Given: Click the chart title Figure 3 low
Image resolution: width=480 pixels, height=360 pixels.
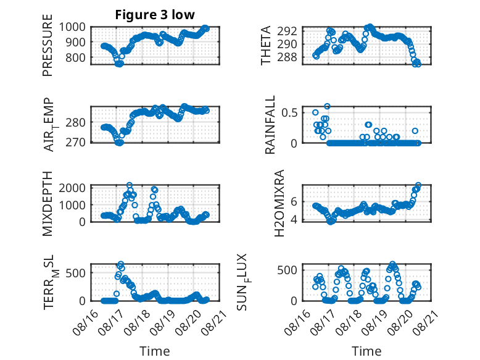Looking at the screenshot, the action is pyautogui.click(x=155, y=15).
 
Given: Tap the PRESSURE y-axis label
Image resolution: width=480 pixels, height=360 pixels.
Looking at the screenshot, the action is pyautogui.click(x=48, y=45).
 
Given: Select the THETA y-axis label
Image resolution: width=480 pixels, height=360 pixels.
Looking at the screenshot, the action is pyautogui.click(x=266, y=45).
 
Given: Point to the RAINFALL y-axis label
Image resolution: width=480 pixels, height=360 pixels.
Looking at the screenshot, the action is pyautogui.click(x=270, y=125).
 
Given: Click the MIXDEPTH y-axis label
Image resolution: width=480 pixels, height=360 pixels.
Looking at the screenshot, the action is pyautogui.click(x=48, y=203).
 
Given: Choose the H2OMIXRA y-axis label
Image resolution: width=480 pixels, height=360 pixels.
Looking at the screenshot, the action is pyautogui.click(x=279, y=203).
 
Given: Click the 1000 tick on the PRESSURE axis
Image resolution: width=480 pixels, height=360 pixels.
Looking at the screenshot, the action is pyautogui.click(x=72, y=27).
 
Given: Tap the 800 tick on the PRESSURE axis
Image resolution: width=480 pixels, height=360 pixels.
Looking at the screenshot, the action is pyautogui.click(x=75, y=57).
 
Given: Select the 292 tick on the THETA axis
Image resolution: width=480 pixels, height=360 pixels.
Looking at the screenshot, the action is pyautogui.click(x=287, y=31).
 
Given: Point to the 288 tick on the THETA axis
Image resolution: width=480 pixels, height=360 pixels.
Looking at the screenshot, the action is pyautogui.click(x=287, y=57).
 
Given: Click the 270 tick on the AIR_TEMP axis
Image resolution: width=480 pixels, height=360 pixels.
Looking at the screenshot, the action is pyautogui.click(x=75, y=142).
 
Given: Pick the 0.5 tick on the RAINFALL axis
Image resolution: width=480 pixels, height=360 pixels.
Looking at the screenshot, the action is pyautogui.click(x=289, y=112).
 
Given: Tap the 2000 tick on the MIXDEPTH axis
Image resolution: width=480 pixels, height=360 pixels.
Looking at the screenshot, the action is pyautogui.click(x=72, y=188).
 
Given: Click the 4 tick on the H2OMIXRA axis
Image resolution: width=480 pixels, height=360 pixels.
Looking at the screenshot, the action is pyautogui.click(x=294, y=220).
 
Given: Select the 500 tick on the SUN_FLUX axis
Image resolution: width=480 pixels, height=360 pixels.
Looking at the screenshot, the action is pyautogui.click(x=287, y=270).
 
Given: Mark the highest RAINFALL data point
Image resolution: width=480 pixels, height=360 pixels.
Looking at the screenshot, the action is pyautogui.click(x=327, y=106).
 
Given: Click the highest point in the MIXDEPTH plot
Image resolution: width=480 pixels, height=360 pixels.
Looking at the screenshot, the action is pyautogui.click(x=130, y=185).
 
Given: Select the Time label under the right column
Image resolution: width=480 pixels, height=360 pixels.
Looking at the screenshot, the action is pyautogui.click(x=366, y=351).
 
